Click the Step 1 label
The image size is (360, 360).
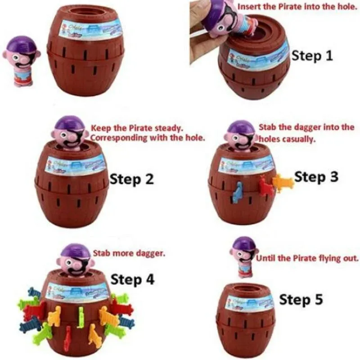(312, 56)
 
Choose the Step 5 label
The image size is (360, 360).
(301, 299)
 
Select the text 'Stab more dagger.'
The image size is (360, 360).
(129, 253)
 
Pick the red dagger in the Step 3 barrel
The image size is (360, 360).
(266, 186)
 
